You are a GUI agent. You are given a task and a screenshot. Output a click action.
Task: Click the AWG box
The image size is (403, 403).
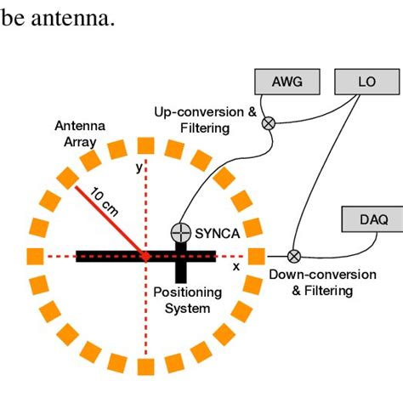tap(287, 82)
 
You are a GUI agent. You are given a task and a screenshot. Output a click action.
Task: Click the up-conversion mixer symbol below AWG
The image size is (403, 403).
tap(269, 122)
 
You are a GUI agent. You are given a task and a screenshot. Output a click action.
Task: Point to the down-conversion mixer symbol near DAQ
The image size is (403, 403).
tap(294, 255)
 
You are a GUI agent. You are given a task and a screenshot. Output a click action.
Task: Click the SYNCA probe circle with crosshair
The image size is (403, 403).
tap(180, 231)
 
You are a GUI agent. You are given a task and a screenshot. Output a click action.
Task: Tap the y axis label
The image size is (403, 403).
tap(139, 168)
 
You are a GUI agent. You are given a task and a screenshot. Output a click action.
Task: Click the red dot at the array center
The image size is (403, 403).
tap(145, 256)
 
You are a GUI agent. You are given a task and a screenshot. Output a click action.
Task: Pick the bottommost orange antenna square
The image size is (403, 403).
tap(145, 366)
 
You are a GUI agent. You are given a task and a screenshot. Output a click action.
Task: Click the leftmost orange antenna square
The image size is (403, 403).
tap(35, 256)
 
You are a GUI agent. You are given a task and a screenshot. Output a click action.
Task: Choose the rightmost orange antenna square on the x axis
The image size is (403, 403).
tap(256, 256)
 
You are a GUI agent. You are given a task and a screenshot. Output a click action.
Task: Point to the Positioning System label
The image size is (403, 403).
tap(188, 300)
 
